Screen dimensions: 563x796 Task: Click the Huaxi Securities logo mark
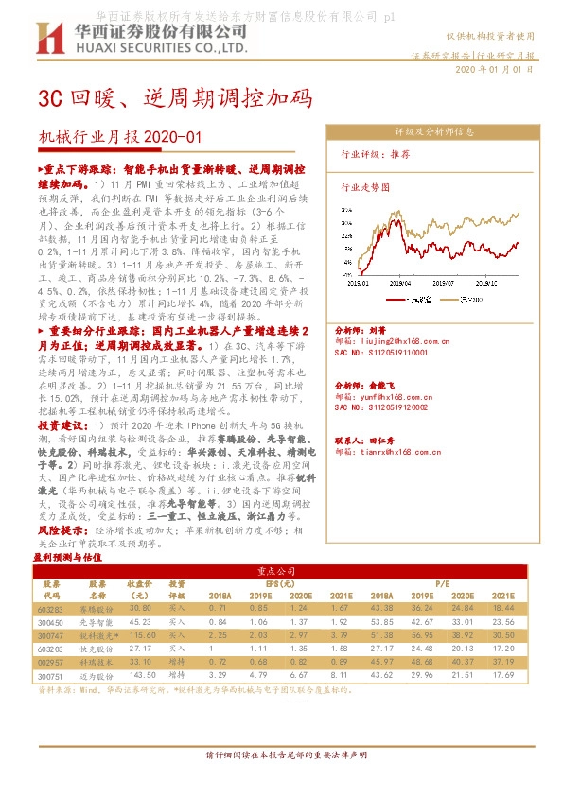(49, 40)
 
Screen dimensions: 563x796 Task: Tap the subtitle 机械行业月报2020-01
(120, 138)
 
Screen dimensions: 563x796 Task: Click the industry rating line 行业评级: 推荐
(376, 154)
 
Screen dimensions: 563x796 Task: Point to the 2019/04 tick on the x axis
(401, 281)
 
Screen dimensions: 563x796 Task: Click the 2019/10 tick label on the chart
(487, 281)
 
